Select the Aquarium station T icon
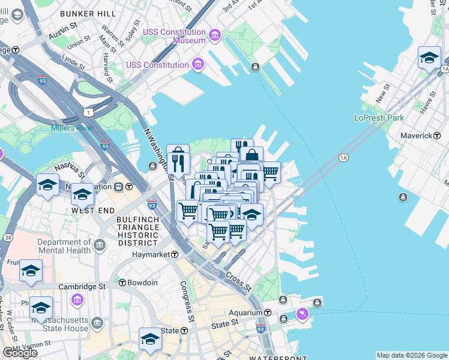tap(268, 313)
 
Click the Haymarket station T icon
tap(175, 254)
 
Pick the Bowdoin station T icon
tap(122, 283)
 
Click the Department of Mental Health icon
tap(99, 245)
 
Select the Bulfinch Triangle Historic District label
tap(137, 230)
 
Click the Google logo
tap(20, 353)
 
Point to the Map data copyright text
tap(411, 355)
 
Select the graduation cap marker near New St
tap(429, 58)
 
